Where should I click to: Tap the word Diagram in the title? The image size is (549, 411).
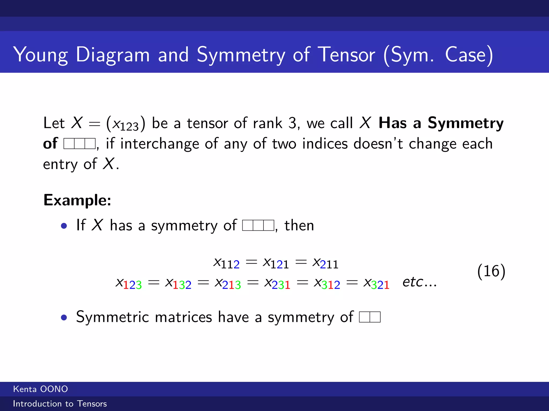pos(113,55)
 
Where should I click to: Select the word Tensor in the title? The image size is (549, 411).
pos(347,55)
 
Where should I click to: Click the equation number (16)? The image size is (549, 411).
pos(491,271)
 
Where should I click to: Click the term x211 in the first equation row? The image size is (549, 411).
pos(325,263)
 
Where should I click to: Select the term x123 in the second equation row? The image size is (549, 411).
pos(129,283)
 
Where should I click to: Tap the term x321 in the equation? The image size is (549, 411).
pos(376,283)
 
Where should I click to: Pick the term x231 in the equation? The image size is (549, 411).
pos(277,283)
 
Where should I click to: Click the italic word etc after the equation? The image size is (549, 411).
pos(413,282)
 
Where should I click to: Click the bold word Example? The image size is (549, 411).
pos(77,200)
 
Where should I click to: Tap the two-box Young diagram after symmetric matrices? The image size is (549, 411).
pos(370,317)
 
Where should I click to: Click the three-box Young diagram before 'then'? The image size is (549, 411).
pos(258,225)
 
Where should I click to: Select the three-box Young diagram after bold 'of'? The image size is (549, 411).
pos(79,144)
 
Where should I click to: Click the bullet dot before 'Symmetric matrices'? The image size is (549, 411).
pos(64,318)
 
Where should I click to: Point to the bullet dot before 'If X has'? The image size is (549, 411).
pos(64,226)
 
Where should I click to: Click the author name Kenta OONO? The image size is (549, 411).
pos(40,389)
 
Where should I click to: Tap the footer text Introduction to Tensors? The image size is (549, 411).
pos(60,404)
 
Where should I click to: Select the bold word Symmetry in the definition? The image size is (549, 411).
pos(466,123)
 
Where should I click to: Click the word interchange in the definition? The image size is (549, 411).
pos(159,144)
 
